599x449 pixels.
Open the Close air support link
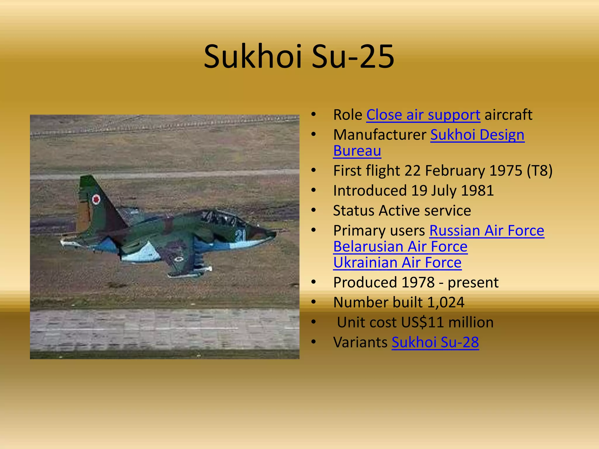[x=423, y=115]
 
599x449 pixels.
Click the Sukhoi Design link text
[x=477, y=135]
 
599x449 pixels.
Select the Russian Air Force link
[x=487, y=231]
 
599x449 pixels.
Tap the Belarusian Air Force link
[x=400, y=247]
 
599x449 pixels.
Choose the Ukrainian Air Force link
[x=397, y=263]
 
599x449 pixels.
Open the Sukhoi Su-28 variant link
[x=435, y=342]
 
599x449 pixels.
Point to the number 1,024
[x=445, y=303]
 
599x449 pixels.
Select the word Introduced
[x=370, y=191]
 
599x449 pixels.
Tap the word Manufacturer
[x=380, y=135]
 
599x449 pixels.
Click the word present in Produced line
[x=473, y=283]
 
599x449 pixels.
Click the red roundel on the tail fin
[x=96, y=199]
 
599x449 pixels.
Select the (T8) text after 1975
[x=539, y=171]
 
